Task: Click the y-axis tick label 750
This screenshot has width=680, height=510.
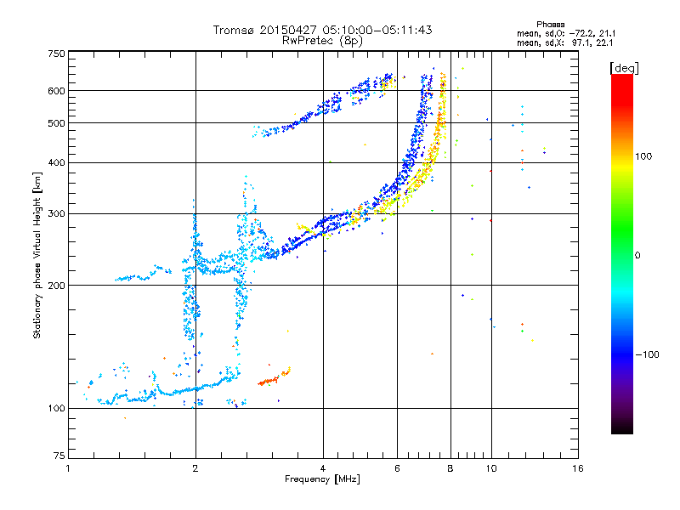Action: (x=56, y=54)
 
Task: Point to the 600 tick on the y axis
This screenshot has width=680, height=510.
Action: (x=56, y=91)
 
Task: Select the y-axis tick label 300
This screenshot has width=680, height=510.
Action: (x=56, y=213)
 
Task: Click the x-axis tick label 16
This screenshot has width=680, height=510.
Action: (x=578, y=468)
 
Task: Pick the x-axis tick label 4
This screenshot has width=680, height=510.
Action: (x=323, y=468)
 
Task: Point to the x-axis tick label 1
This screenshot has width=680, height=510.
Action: (x=68, y=468)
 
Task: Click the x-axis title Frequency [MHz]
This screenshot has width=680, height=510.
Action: (x=321, y=480)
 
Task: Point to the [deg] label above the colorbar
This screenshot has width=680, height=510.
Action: (x=625, y=67)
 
